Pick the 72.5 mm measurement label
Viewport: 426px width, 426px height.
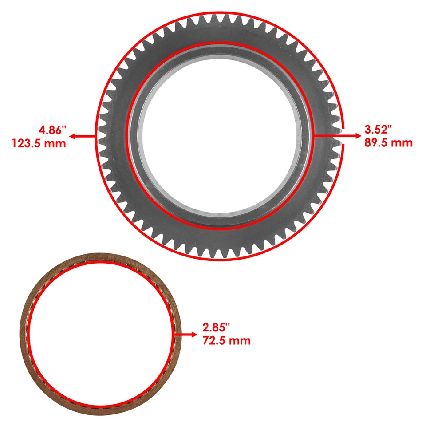[226, 341]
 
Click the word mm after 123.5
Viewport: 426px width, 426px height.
[57, 143]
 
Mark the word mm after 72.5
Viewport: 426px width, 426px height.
[241, 341]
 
